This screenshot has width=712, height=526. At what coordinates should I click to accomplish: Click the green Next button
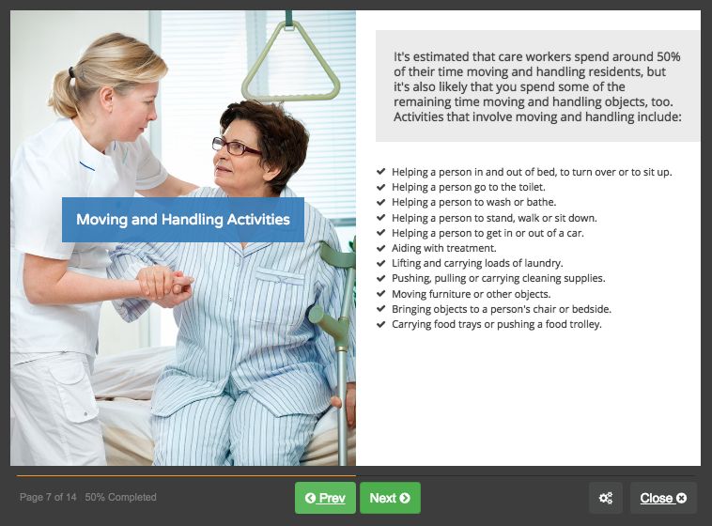390,498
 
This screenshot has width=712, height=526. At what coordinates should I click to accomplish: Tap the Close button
663,498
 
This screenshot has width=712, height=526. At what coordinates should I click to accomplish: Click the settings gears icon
605,498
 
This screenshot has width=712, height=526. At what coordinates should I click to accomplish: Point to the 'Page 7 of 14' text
48,498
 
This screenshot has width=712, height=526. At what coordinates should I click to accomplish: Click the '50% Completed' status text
120,498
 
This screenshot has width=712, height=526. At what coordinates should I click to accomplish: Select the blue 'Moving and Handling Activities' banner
183,220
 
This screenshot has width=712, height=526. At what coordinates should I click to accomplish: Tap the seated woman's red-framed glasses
236,147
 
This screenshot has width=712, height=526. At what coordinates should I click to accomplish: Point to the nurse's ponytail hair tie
71,71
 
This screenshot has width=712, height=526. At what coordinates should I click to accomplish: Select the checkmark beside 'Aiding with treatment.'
381,248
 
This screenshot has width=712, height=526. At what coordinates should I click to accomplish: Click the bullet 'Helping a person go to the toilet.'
469,187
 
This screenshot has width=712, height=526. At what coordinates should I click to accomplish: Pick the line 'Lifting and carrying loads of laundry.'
477,263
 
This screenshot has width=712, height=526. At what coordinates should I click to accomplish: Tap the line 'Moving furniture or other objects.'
472,294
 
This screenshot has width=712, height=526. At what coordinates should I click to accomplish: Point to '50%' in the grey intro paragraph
669,56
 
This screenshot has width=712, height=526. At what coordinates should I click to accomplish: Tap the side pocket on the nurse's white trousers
75,395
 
